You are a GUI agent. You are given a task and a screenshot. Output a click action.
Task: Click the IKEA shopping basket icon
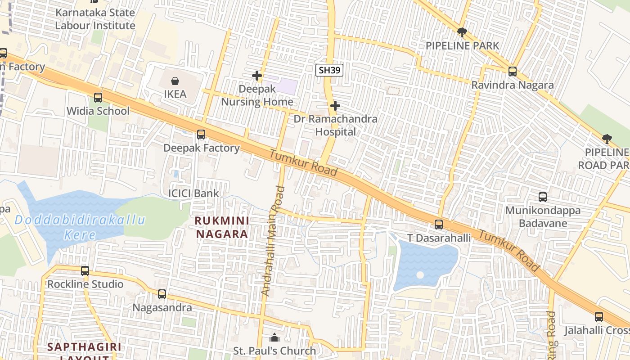(175, 81)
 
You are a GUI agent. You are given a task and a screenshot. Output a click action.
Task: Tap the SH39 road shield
(329, 70)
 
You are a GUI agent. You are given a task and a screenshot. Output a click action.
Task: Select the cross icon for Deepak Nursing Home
(257, 76)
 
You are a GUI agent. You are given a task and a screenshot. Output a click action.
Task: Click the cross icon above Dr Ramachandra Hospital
(335, 106)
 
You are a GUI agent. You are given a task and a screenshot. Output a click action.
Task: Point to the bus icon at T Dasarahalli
(439, 224)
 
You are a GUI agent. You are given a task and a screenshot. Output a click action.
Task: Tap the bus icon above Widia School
(98, 97)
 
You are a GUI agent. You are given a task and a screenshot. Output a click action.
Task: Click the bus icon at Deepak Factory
(201, 134)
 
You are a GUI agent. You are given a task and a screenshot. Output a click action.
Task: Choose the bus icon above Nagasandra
(162, 294)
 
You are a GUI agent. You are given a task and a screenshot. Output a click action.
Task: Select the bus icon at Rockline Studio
(85, 271)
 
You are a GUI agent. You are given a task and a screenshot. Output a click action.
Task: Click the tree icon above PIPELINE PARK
(462, 32)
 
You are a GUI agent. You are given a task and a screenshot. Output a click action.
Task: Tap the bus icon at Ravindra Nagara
(512, 71)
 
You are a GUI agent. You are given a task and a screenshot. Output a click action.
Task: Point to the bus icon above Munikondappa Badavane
(543, 197)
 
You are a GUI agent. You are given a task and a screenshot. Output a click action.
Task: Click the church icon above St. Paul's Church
(274, 337)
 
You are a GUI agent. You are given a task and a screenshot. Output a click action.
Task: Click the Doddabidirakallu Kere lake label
(80, 227)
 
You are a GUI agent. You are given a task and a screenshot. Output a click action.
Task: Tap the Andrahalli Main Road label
(273, 241)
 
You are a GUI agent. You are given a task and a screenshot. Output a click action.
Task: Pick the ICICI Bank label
(193, 193)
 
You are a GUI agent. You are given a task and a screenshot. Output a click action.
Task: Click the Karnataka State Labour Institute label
(95, 19)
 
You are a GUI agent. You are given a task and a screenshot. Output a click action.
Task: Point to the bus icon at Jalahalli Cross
(599, 317)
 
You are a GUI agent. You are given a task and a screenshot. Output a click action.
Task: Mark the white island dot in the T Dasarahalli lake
(420, 274)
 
